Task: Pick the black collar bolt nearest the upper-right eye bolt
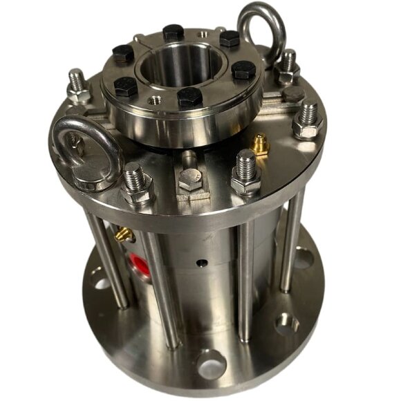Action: point(229,39)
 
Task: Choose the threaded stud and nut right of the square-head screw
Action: point(246,172)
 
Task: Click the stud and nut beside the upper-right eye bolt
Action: point(287,66)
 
